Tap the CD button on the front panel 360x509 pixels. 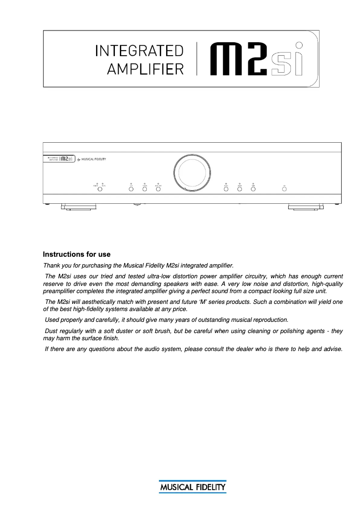[x=131, y=189]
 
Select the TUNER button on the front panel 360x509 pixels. [x=145, y=189]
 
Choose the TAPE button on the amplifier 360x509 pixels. [x=253, y=189]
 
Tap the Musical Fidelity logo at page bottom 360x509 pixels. [x=192, y=487]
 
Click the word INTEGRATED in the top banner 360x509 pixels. [x=139, y=51]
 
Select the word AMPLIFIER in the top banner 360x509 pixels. [x=145, y=69]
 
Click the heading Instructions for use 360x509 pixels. [x=77, y=254]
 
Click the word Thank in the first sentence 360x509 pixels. [x=51, y=266]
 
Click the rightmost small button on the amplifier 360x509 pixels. [x=284, y=189]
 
